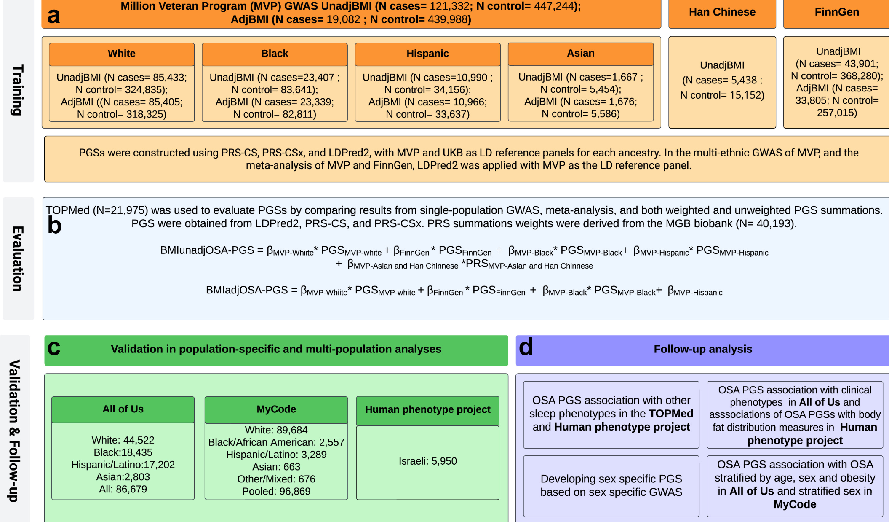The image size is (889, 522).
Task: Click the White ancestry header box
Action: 122,54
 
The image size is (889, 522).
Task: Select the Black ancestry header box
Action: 275,54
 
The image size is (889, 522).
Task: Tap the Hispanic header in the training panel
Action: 427,54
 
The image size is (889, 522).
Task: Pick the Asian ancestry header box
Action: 581,54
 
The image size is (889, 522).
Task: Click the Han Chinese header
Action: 722,13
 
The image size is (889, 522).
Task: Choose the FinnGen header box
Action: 836,13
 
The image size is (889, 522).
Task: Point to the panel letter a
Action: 53,16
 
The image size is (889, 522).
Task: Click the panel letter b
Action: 54,225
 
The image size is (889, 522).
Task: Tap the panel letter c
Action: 54,348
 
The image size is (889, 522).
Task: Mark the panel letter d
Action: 526,347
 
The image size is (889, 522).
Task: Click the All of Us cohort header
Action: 123,409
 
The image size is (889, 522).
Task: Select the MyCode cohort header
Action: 276,409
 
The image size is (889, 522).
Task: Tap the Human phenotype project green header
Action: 428,410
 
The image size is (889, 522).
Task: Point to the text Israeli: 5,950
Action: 428,461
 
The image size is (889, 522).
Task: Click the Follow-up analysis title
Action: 703,350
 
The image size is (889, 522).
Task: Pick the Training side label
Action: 17,90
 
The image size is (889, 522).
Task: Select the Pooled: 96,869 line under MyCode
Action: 276,492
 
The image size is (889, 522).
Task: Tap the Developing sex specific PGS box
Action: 611,486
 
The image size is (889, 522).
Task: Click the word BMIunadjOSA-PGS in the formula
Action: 207,250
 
